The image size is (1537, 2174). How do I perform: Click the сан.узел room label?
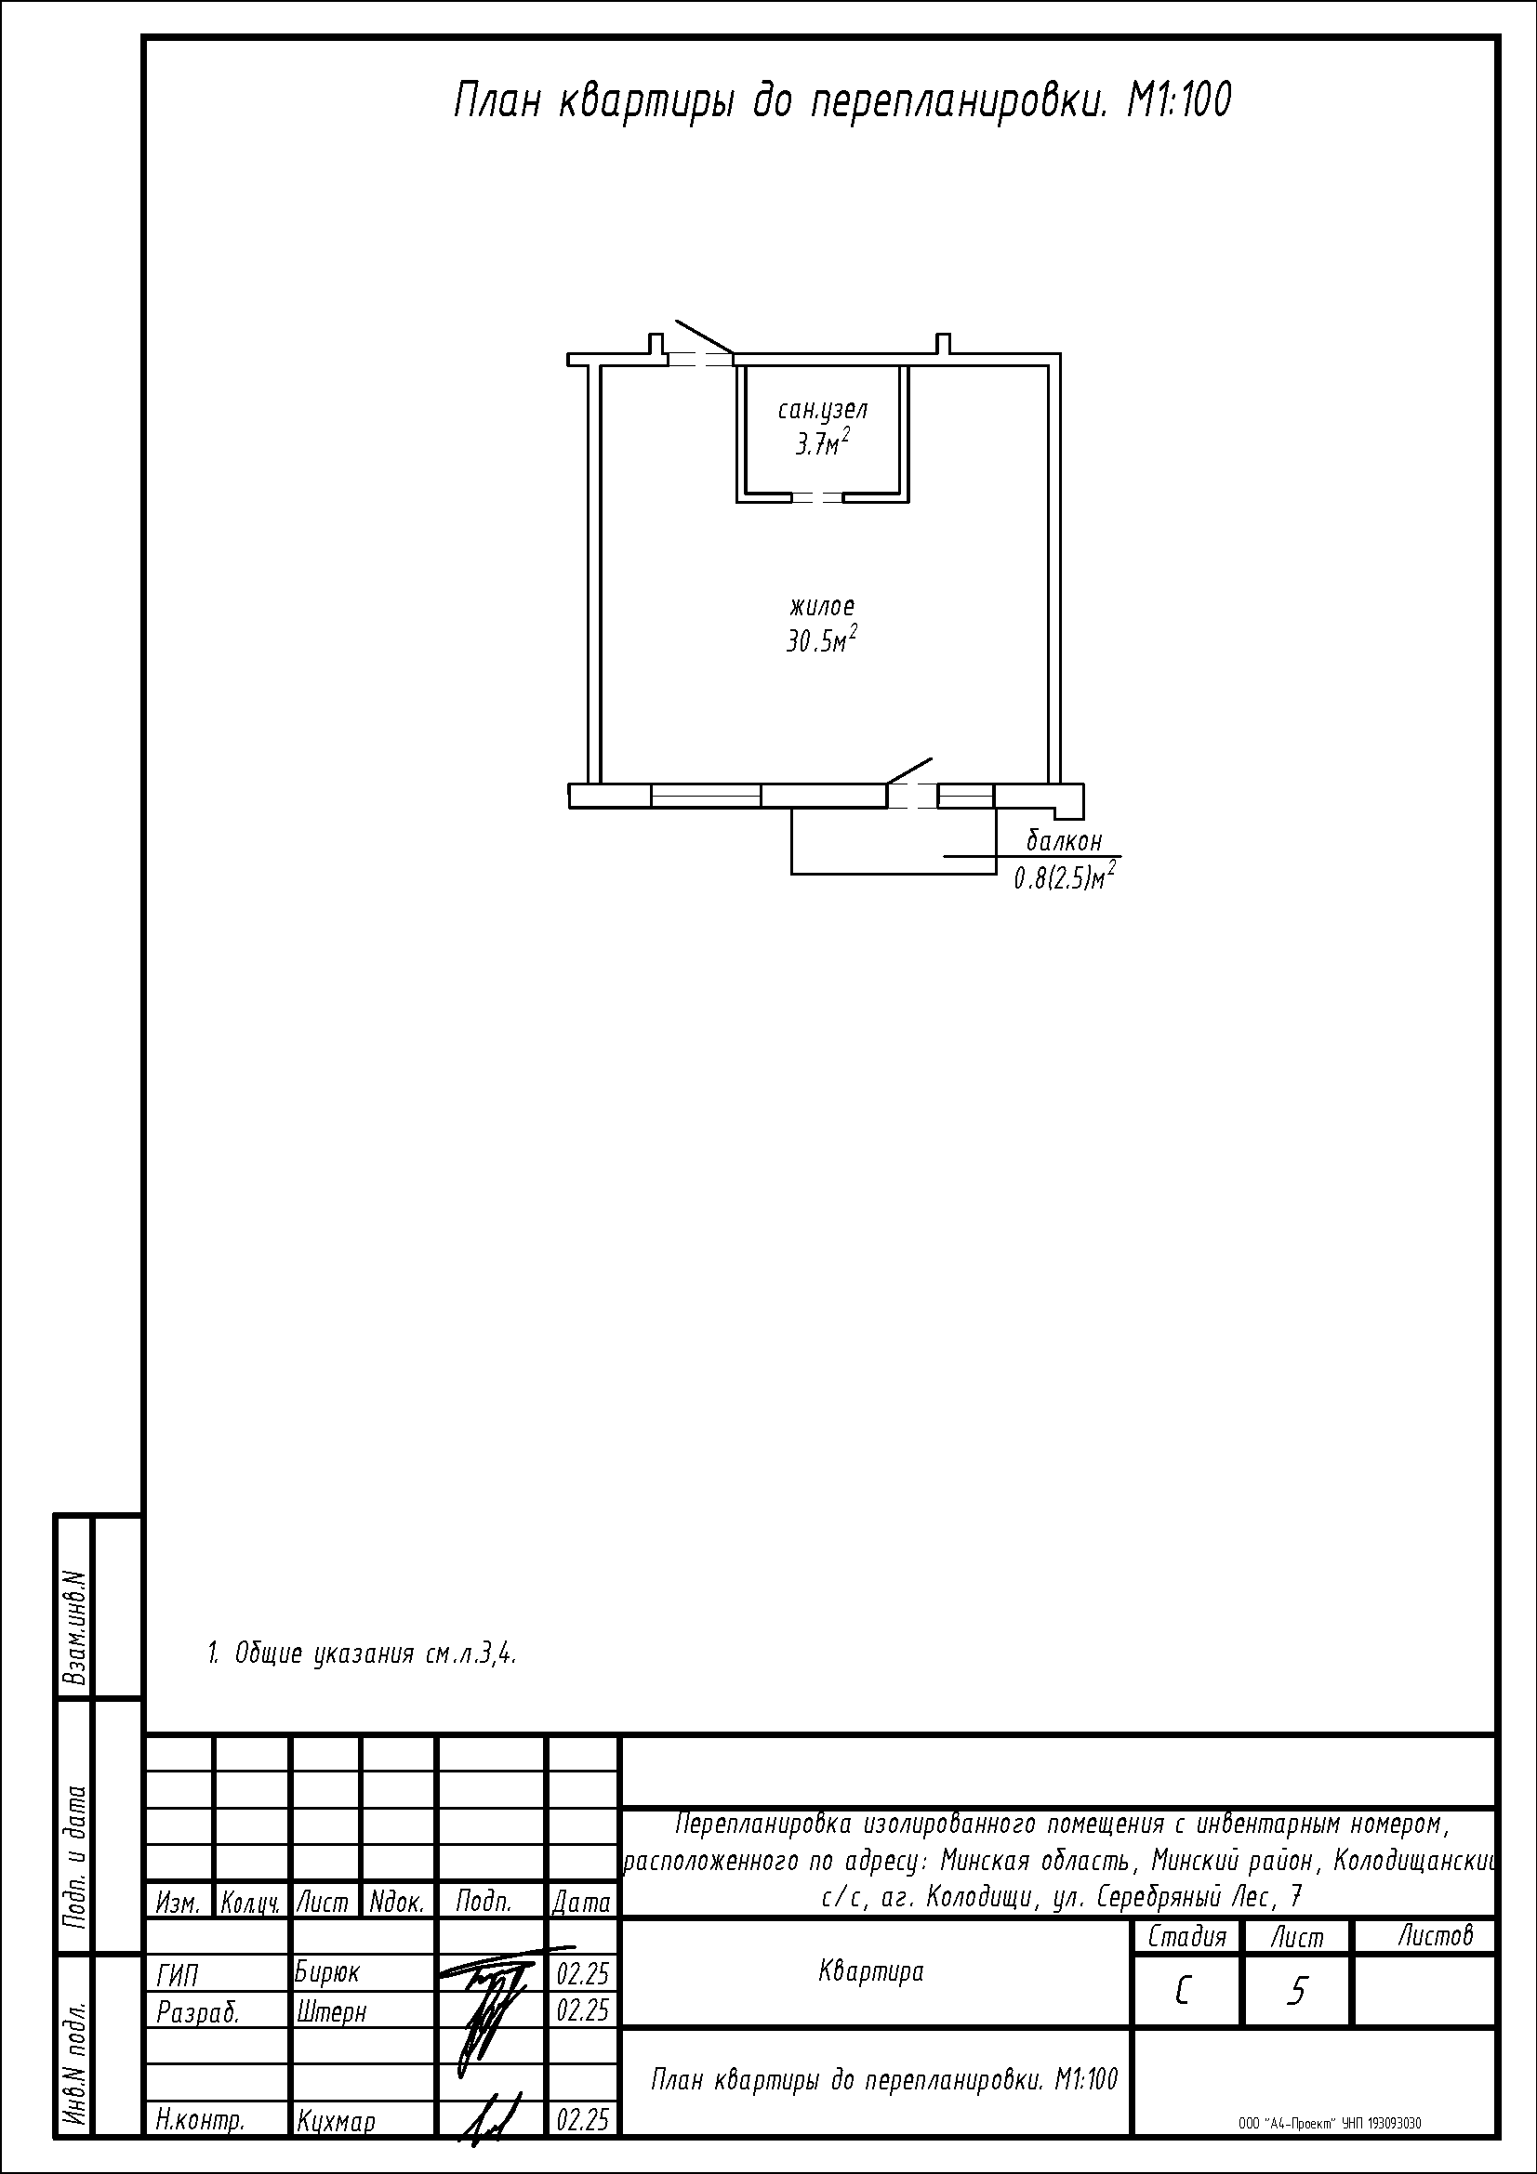pos(822,411)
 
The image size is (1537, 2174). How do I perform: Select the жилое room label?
pos(822,606)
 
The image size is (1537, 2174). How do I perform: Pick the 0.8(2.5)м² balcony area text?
pos(1064,876)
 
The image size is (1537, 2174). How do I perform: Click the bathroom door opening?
pos(818,497)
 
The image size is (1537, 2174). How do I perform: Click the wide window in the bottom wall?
pos(706,796)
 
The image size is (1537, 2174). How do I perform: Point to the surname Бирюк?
pos(327,1971)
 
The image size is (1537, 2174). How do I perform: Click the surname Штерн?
pos(330,2009)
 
